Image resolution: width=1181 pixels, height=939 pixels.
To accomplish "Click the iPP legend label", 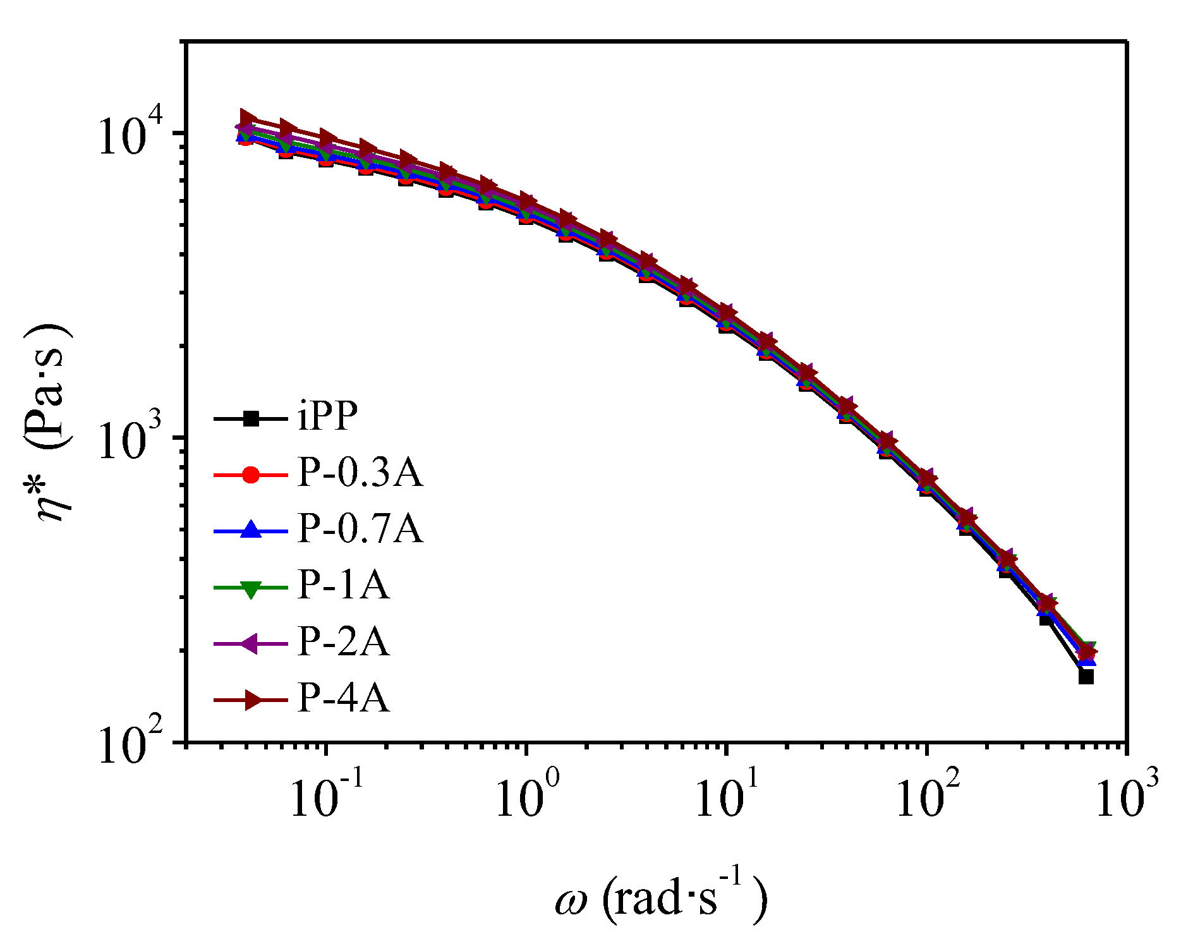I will (x=327, y=416).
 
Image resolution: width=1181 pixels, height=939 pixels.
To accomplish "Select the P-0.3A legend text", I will (x=360, y=472).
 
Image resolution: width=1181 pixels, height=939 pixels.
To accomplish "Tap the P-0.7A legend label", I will (x=360, y=528).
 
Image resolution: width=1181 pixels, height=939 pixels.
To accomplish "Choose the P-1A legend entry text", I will (x=343, y=585).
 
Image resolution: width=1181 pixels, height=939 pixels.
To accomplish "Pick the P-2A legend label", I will (x=343, y=642).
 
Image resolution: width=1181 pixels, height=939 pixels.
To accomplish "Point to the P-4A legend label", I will (x=343, y=698).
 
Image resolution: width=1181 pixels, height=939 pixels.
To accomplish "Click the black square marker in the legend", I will (x=251, y=418).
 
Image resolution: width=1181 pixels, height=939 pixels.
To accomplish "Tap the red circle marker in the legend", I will (x=251, y=474).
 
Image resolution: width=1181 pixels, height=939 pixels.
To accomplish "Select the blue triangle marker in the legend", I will (x=251, y=530).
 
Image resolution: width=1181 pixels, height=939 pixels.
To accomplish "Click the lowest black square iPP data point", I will (x=1086, y=677).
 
